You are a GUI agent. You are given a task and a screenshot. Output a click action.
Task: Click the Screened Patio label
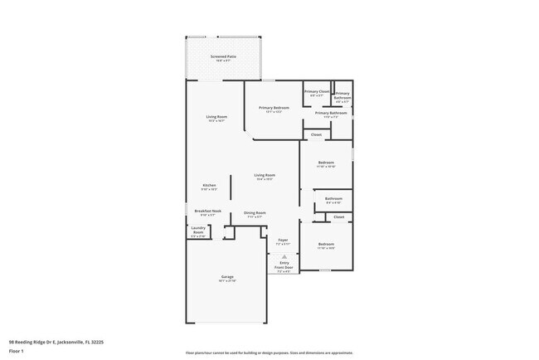coord(224,56)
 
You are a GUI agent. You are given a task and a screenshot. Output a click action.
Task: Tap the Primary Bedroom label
coord(274,108)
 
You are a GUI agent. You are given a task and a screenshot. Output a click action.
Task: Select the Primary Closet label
coord(318,91)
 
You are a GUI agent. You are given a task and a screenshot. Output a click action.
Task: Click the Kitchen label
coord(210,185)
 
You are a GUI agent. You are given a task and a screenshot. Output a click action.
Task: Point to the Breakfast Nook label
coord(208,211)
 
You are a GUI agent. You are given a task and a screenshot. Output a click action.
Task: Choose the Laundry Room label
coord(198,229)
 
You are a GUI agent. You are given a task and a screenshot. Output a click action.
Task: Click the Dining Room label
coord(255,213)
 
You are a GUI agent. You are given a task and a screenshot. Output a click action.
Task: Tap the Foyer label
coord(283,241)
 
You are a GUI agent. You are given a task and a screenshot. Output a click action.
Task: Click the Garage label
coord(227,276)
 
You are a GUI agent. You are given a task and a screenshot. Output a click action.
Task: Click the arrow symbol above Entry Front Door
coord(284,257)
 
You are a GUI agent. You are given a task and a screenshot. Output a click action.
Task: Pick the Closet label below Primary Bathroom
coord(316,134)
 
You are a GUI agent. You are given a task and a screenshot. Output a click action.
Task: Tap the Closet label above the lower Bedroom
coord(338,217)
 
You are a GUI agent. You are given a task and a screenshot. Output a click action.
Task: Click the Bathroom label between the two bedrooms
coord(333,199)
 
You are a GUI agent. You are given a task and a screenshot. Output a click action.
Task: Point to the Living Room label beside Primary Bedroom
coord(216,117)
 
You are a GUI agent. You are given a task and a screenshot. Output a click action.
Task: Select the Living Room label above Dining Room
coord(265,176)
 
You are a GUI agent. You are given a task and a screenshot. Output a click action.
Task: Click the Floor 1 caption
coord(16,351)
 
